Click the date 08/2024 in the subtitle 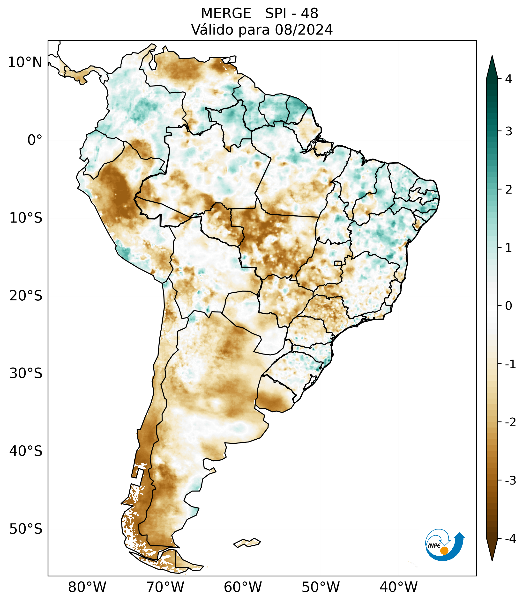(304, 30)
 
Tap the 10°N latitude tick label (25, 62)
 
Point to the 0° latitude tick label (35, 140)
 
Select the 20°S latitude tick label (26, 296)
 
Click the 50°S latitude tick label (26, 529)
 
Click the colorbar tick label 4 (508, 79)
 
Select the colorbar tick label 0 (508, 306)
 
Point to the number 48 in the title (310, 14)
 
